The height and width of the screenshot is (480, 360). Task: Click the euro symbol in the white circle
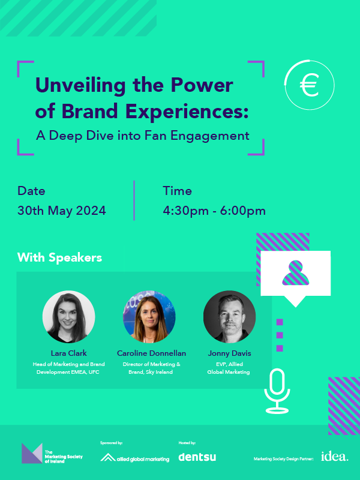(309, 85)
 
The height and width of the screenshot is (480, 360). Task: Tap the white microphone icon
(277, 391)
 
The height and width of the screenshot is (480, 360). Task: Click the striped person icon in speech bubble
(295, 273)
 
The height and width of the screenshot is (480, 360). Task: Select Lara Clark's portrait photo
(68, 317)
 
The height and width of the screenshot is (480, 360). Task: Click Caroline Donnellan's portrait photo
(149, 317)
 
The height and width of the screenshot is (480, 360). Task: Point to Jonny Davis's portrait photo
(230, 317)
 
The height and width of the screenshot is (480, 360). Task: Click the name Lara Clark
(69, 353)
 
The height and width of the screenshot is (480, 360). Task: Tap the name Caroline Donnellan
(151, 353)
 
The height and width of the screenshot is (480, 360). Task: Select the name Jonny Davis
(230, 353)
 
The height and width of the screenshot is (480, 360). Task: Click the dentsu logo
(197, 457)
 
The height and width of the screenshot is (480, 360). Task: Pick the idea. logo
(335, 456)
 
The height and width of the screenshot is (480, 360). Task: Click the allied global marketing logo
(134, 458)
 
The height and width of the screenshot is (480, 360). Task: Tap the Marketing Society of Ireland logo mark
(32, 453)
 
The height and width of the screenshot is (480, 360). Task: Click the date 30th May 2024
(62, 211)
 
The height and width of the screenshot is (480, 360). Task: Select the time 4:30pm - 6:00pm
(214, 211)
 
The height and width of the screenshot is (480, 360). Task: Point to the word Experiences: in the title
(187, 111)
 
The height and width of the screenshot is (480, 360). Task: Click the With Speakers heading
(59, 257)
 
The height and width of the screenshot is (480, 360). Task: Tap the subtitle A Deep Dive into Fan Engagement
(143, 136)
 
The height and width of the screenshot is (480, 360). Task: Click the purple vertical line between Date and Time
(134, 200)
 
